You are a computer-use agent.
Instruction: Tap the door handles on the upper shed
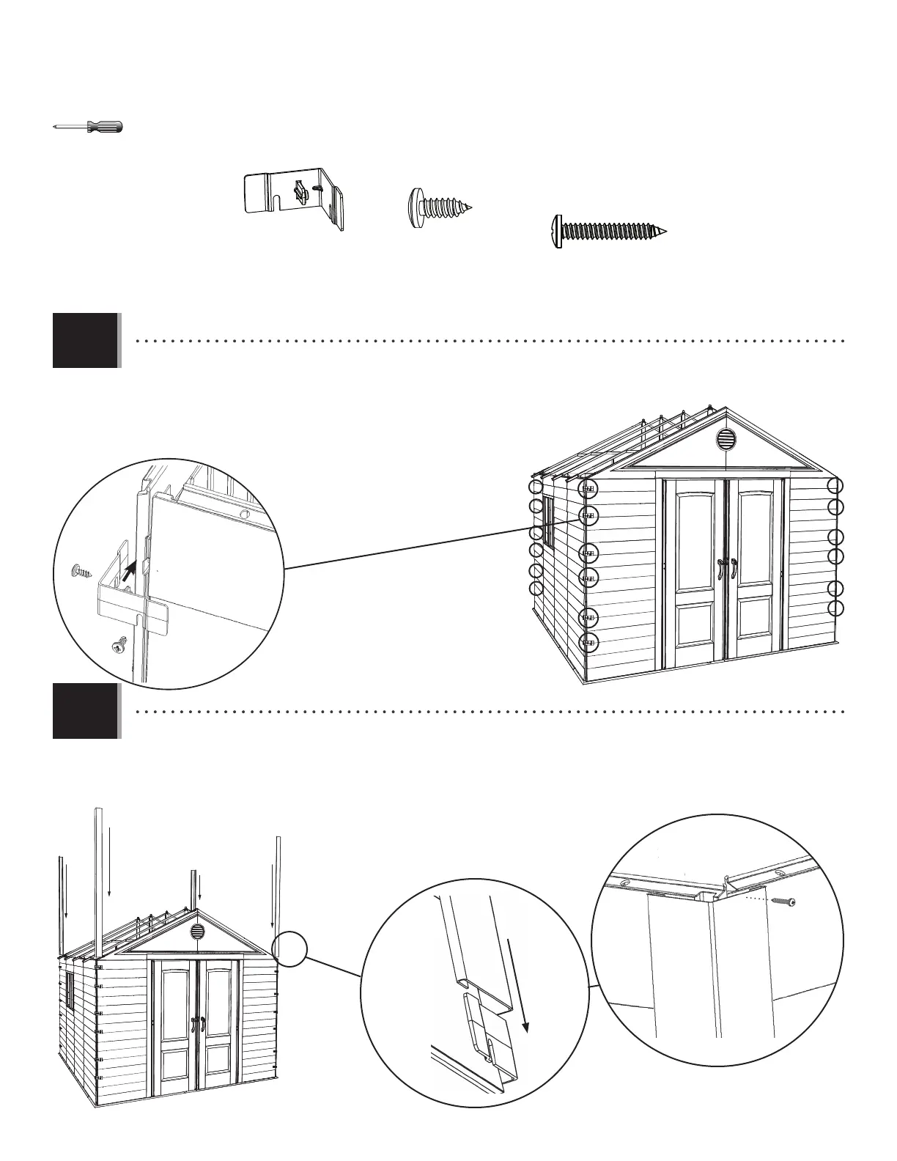tap(726, 568)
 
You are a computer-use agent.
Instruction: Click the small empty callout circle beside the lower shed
tap(289, 949)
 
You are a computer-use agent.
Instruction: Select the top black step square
tap(85, 341)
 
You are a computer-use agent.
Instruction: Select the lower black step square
tap(85, 711)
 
